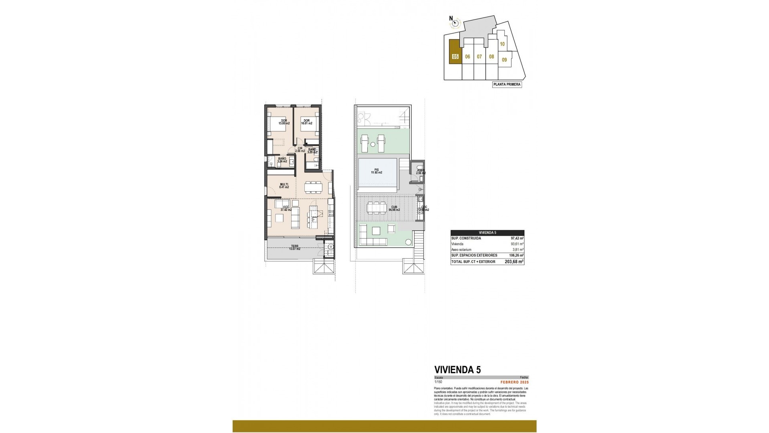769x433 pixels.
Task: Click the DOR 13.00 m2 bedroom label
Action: [284, 122]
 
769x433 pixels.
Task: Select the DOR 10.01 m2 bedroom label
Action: [306, 122]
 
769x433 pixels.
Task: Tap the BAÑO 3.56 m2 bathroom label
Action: [282, 160]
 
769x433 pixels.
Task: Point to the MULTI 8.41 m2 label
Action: [284, 185]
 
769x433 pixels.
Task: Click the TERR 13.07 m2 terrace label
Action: [294, 247]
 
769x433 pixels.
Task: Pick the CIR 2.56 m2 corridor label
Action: [300, 150]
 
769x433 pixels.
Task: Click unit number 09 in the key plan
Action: [504, 60]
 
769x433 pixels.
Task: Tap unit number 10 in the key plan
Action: [502, 45]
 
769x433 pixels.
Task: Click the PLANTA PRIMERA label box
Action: [507, 85]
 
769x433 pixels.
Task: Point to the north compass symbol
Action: [455, 23]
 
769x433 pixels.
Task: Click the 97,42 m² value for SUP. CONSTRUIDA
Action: [517, 238]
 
